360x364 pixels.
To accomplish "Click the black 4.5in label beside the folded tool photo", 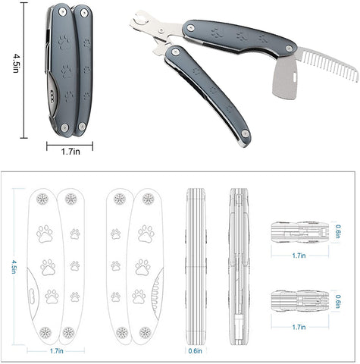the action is pyautogui.click(x=16, y=63).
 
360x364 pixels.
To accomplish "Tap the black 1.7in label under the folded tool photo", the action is pyautogui.click(x=70, y=152).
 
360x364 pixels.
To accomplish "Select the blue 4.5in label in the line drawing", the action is pyautogui.click(x=14, y=267).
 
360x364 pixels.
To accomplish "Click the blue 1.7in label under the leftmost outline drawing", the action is pyautogui.click(x=57, y=351).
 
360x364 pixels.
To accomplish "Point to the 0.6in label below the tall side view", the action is pyautogui.click(x=196, y=351).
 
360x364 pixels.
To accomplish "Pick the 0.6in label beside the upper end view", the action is pyautogui.click(x=338, y=231).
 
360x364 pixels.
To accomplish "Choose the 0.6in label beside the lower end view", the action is pyautogui.click(x=338, y=301).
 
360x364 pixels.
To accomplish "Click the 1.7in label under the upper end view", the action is pyautogui.click(x=299, y=256).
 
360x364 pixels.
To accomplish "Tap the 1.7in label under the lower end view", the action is pyautogui.click(x=299, y=327).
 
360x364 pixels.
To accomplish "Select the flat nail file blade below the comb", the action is pyautogui.click(x=286, y=78).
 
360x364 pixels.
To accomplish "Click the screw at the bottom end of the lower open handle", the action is pyautogui.click(x=245, y=133).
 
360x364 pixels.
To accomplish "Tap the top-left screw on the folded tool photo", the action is pyautogui.click(x=62, y=11).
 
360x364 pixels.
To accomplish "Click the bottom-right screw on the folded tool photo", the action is pyautogui.click(x=82, y=126).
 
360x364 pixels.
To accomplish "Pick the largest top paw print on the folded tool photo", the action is pyautogui.click(x=64, y=42).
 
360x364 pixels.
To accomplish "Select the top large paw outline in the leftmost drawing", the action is pyautogui.click(x=45, y=234).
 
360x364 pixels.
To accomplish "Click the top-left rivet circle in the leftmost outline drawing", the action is pyautogui.click(x=42, y=199).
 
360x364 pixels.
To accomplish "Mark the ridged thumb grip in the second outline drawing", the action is pyautogui.click(x=157, y=293).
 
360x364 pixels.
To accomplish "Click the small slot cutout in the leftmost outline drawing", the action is pyautogui.click(x=32, y=295).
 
